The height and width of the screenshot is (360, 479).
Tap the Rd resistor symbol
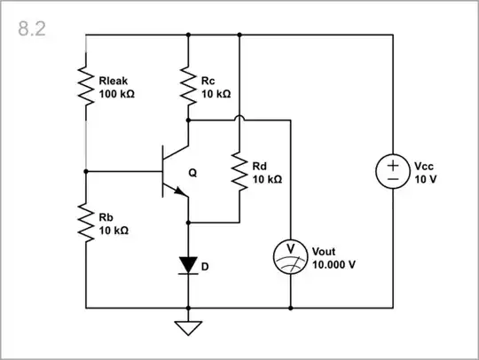240,171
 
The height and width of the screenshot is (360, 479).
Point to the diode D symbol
189,263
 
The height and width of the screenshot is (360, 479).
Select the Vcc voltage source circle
392,171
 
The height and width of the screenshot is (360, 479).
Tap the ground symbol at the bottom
189,327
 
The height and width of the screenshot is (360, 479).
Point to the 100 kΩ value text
117,93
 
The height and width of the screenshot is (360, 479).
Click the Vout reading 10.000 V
334,264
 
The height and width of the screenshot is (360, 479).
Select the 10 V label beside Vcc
427,178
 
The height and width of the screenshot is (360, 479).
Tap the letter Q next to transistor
206,173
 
